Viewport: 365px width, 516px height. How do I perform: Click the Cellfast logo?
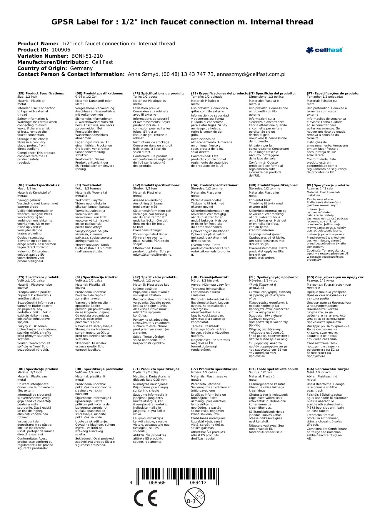324,50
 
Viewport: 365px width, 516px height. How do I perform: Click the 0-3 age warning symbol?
194,497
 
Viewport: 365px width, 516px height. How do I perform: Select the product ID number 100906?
61,50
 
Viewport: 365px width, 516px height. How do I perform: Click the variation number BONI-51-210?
87,56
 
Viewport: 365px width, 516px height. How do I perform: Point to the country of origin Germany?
81,69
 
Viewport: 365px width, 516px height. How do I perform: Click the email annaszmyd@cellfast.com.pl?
251,74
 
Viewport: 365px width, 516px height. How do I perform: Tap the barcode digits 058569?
157,483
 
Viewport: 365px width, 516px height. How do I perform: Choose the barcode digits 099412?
198,483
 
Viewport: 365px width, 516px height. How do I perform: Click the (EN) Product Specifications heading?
41,94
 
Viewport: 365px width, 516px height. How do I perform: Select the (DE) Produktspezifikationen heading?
99,94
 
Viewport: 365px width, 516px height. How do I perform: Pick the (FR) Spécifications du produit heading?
159,94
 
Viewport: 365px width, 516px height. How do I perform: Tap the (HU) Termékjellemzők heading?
210,277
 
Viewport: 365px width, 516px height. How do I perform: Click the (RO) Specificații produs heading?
38,369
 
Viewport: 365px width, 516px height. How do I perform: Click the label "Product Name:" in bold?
38,44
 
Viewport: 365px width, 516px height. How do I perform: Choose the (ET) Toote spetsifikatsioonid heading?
273,369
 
